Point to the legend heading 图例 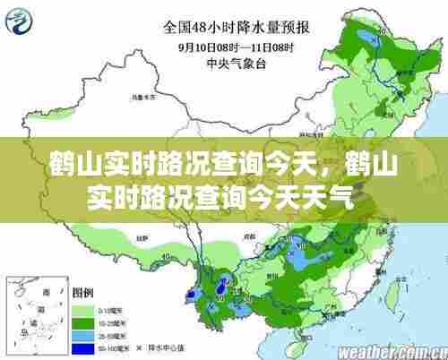coord(83,292)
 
